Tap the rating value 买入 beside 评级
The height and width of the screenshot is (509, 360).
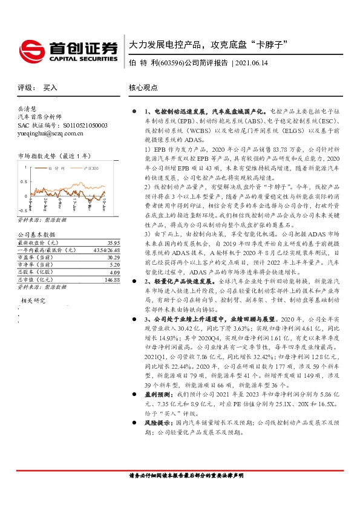(50, 88)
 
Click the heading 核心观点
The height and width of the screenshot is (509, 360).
(143, 88)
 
